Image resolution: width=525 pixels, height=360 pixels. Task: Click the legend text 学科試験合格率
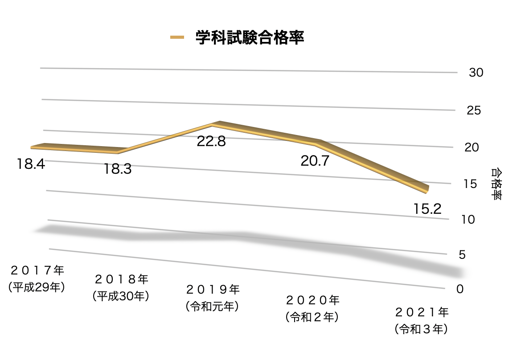click(x=250, y=37)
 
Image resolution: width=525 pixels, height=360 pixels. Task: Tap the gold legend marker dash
click(x=177, y=38)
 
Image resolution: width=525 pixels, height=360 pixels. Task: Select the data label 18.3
click(x=118, y=169)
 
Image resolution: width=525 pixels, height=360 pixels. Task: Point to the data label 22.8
click(x=211, y=142)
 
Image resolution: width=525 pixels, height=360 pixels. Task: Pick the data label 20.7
click(x=314, y=161)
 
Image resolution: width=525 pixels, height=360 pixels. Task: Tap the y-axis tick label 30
click(x=476, y=73)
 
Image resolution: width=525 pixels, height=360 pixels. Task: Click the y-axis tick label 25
click(x=474, y=110)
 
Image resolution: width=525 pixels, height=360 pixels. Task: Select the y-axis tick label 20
click(x=472, y=147)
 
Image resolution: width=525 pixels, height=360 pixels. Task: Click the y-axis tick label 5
click(x=464, y=254)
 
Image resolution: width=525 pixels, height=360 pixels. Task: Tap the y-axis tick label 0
click(x=460, y=289)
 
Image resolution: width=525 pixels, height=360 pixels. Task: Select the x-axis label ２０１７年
click(x=37, y=270)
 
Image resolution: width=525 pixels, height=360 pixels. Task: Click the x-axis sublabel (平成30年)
click(x=121, y=295)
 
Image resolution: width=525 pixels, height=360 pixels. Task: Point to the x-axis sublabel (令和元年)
click(x=212, y=307)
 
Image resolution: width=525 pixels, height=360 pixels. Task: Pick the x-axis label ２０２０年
click(x=312, y=299)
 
